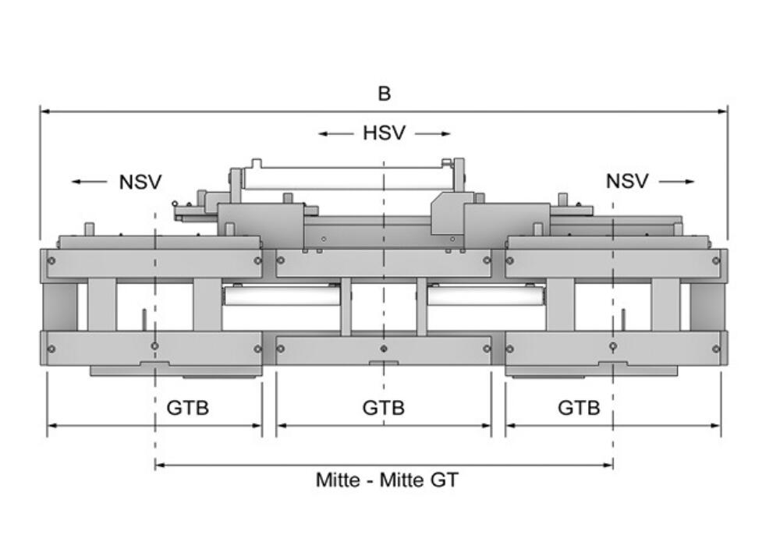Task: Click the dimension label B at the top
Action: [384, 94]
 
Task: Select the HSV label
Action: [384, 133]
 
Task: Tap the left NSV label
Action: [140, 182]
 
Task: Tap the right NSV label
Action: [627, 182]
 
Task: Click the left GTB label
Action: [188, 407]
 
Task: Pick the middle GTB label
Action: [384, 407]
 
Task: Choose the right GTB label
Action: [579, 407]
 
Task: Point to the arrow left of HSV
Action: [336, 134]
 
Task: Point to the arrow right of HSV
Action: [433, 134]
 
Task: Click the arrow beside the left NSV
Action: [90, 182]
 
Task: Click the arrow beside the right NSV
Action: [676, 182]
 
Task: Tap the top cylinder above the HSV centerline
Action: [343, 177]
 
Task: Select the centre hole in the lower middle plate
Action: [384, 348]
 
